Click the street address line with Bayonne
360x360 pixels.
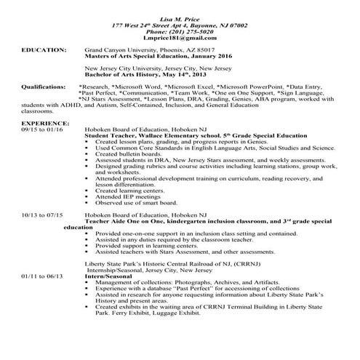pyautogui.click(x=180, y=24)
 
